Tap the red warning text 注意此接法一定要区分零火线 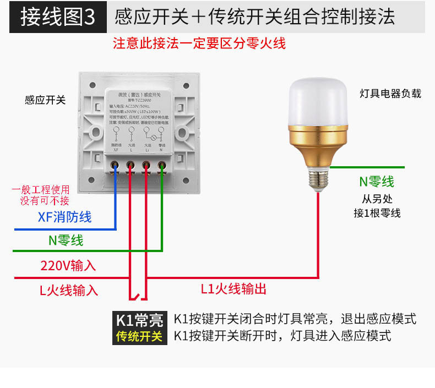tap(199, 43)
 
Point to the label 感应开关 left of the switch tap(45, 100)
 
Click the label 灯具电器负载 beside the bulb tap(390, 94)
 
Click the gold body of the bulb tap(318, 144)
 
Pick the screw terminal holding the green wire tap(162, 165)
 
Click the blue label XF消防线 tap(65, 217)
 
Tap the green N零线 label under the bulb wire tap(377, 182)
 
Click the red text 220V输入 tap(68, 265)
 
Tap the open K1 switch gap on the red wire tap(138, 297)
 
